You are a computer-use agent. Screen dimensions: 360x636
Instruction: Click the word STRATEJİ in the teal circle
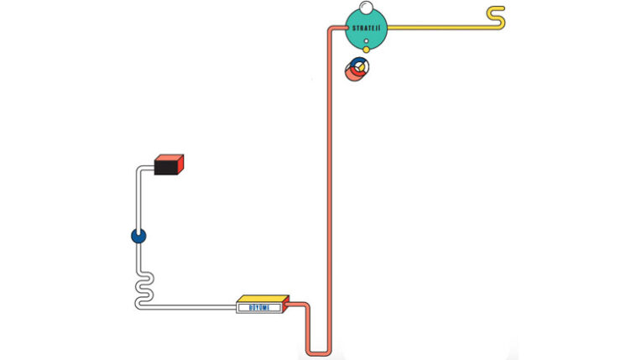click(367, 28)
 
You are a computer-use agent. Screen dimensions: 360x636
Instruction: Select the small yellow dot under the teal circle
click(366, 50)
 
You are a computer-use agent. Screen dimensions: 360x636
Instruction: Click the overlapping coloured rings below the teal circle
click(357, 69)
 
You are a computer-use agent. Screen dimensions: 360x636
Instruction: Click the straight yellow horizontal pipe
click(436, 27)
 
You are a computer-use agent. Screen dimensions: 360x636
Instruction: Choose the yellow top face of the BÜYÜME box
click(263, 298)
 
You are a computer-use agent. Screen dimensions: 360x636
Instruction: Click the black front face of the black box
click(167, 169)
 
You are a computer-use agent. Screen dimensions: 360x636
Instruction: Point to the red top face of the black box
click(170, 158)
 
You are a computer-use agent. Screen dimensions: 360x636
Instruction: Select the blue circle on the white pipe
click(138, 237)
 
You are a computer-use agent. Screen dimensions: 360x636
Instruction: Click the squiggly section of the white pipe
click(143, 285)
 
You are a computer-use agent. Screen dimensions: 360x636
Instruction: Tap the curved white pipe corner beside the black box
click(140, 170)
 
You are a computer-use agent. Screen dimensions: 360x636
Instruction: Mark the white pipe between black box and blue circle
click(138, 201)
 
